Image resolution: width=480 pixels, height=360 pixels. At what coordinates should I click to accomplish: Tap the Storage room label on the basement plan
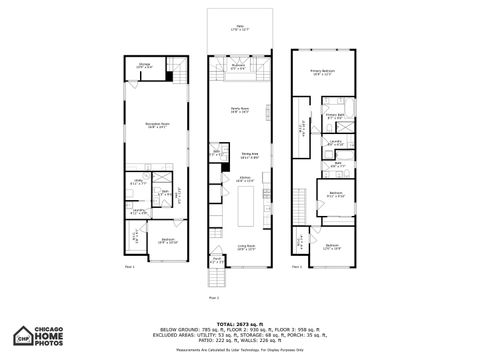tap(145, 64)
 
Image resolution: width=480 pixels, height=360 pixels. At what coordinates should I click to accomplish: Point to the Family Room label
tap(239, 109)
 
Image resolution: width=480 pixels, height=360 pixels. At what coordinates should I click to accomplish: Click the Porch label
tap(216, 262)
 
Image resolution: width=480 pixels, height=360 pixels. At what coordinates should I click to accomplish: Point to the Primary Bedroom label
tap(321, 72)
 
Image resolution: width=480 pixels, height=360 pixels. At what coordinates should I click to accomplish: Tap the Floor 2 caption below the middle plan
tap(213, 297)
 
